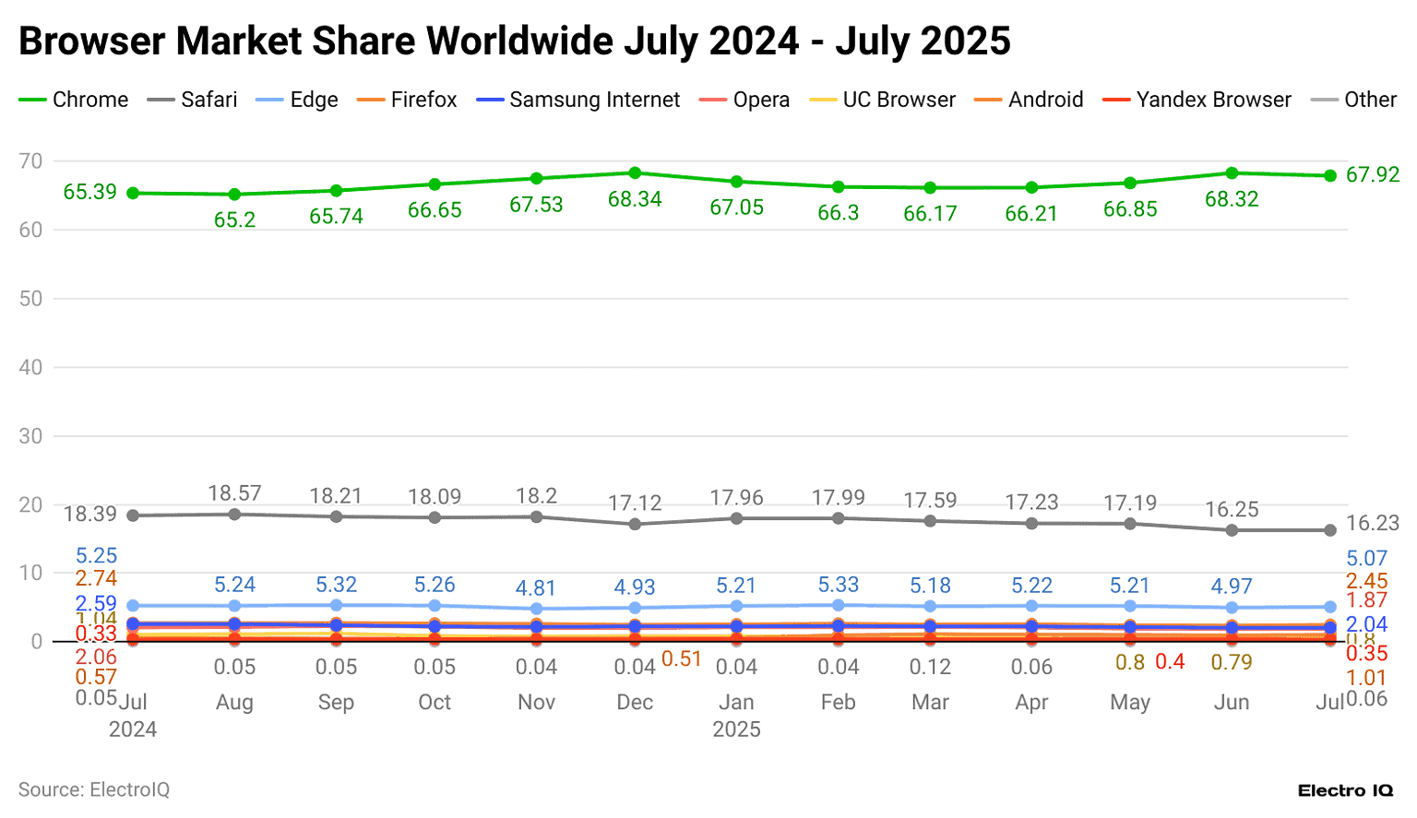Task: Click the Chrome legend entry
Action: coord(74,100)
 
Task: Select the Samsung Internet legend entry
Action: coord(578,100)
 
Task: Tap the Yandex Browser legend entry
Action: coord(1197,100)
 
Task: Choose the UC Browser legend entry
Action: coord(883,100)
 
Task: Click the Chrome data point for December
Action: coord(635,173)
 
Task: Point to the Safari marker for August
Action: coord(234,514)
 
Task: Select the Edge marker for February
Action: coord(838,605)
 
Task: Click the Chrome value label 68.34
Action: coord(635,199)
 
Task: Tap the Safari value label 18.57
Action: coord(234,493)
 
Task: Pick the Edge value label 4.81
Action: coord(535,587)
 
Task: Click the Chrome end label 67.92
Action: coord(1372,174)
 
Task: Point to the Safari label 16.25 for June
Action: coord(1232,509)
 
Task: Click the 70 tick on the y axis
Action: coord(30,161)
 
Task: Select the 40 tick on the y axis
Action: coord(30,367)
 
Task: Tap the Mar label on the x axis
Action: coord(930,702)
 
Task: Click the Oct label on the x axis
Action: coord(435,702)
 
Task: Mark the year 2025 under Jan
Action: coord(736,729)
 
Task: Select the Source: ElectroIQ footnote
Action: coord(94,789)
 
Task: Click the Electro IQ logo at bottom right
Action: coord(1345,790)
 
